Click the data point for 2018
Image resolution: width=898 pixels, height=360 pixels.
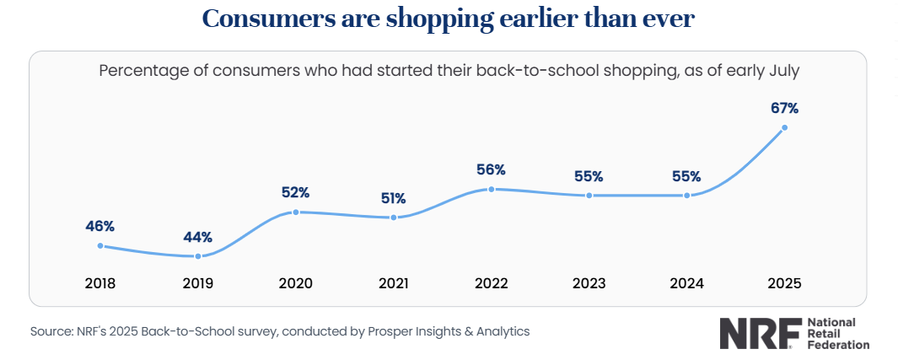coord(100,245)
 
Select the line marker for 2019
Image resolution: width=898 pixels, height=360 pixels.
coord(198,255)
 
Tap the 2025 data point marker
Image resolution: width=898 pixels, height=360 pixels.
coord(785,127)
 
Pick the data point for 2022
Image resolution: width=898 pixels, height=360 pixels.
coord(491,189)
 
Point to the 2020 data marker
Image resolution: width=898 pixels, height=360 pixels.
coord(296,212)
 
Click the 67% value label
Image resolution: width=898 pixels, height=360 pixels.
coord(785,108)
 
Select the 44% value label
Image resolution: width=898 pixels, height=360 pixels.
coord(198,236)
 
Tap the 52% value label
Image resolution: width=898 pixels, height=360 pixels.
coord(296,193)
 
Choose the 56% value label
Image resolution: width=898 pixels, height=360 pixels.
coord(491,170)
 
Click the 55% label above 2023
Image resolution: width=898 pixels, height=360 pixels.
coord(589,176)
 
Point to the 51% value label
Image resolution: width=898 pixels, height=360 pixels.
coord(394,199)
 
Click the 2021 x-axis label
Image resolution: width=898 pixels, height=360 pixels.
coord(394,283)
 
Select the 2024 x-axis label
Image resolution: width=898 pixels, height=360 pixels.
coord(686,283)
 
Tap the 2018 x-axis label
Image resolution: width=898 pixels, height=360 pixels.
coord(100,283)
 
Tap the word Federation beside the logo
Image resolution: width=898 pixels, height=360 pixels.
coord(838,345)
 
